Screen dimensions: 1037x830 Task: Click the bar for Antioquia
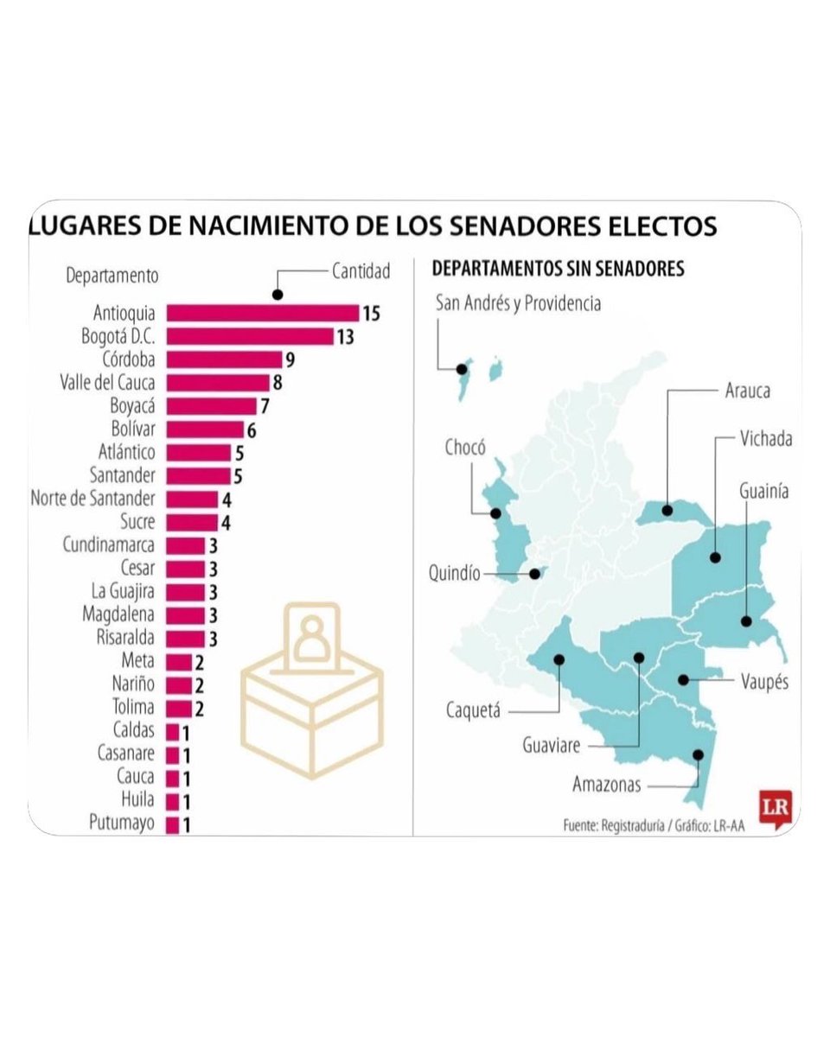click(262, 313)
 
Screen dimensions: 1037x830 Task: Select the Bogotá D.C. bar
click(249, 336)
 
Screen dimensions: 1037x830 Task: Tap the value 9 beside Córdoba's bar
click(290, 359)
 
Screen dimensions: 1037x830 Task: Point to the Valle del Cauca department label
click(108, 383)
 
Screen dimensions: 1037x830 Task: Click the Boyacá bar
click(211, 406)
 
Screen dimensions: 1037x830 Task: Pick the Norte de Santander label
click(93, 499)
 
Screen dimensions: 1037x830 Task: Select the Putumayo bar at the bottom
click(172, 824)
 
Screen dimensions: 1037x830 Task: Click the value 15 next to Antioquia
click(371, 313)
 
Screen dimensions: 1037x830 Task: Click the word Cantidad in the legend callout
click(361, 270)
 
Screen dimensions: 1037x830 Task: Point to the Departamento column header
click(112, 277)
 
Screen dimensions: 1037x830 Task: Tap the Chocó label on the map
click(465, 448)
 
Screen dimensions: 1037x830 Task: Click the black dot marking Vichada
click(716, 557)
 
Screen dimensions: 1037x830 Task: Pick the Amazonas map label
click(607, 785)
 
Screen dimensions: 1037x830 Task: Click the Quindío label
click(455, 574)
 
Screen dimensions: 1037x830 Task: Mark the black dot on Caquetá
click(559, 659)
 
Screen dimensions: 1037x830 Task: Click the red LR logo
click(773, 808)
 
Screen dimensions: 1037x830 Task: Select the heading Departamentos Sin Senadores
click(558, 269)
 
